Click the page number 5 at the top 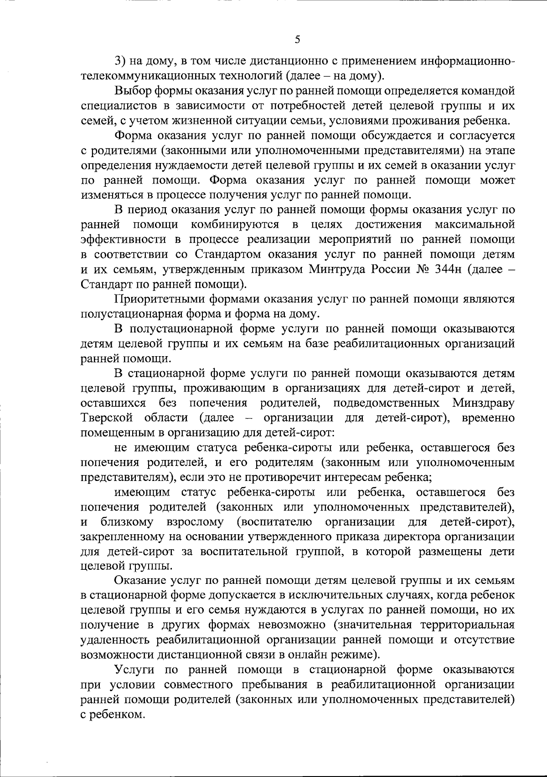coord(297,40)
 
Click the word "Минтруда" coord(333,270)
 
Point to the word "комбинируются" coord(234,225)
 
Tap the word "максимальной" coord(475,225)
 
